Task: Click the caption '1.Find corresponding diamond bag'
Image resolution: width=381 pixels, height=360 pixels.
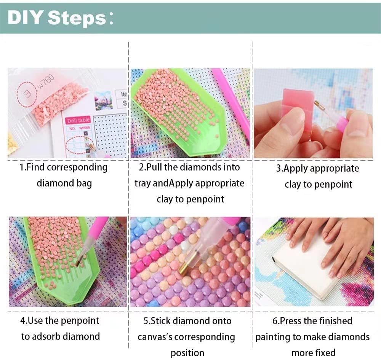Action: tap(64, 175)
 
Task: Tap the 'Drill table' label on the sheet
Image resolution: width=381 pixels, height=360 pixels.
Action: tap(78, 121)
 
